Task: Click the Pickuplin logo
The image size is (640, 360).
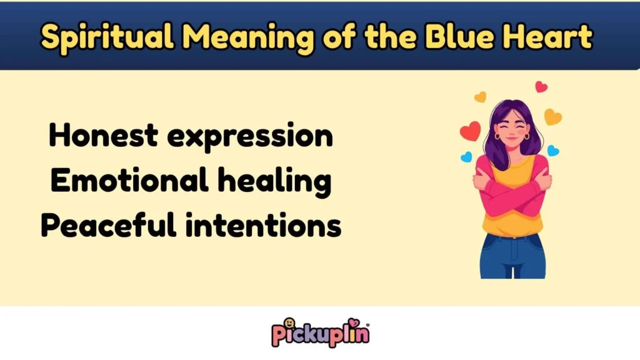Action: coord(319,332)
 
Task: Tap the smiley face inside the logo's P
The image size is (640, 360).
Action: coord(289,324)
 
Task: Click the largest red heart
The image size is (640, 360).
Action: coord(470,131)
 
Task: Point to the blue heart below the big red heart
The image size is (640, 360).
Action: coord(466,157)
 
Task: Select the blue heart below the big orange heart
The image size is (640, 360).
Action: coord(552,151)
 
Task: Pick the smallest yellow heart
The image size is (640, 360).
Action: coord(480,97)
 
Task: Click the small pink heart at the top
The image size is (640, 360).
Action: coord(541,87)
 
